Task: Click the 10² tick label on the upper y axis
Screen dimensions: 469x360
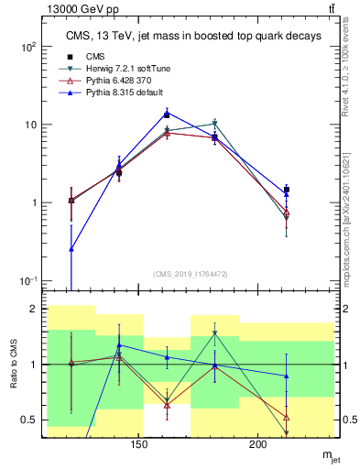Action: (30, 47)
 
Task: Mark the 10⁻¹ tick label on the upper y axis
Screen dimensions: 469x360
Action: (30, 281)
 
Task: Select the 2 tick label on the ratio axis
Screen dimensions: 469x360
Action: (35, 310)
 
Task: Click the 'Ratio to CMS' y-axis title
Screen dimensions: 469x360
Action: (13, 367)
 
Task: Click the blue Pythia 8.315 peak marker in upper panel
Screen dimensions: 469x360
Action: (167, 114)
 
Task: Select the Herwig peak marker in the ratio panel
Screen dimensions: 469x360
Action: (214, 333)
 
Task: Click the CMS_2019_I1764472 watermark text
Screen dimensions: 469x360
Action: (190, 274)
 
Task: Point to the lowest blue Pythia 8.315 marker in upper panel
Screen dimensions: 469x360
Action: (71, 248)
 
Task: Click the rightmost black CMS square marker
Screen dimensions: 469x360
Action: (287, 190)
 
